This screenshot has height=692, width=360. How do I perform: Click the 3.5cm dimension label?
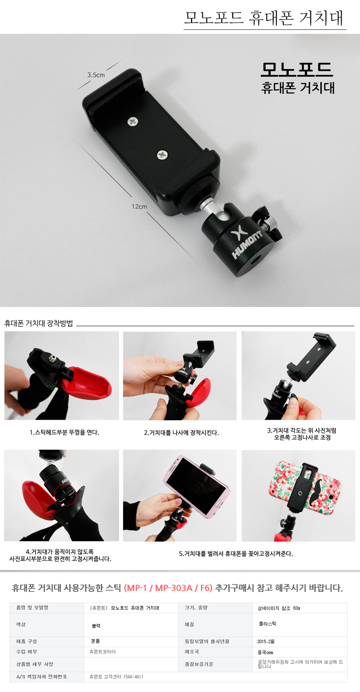pos(96,75)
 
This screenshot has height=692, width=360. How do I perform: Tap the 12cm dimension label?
pos(139,207)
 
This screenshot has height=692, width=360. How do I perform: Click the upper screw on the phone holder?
pos(133,121)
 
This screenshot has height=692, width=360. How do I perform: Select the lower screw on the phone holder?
pos(162,155)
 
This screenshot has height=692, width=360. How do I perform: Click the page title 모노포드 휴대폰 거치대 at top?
pos(264,18)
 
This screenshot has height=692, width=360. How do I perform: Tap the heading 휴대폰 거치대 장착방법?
pos(39,323)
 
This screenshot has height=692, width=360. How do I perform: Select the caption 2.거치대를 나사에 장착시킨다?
pos(181,433)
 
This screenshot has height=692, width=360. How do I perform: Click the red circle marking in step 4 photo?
pos(65,495)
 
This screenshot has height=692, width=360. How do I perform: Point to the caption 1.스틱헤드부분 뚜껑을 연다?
pos(64,432)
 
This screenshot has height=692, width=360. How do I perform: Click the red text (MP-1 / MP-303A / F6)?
pos(168,588)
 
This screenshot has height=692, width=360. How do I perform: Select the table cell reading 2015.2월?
pos(266,642)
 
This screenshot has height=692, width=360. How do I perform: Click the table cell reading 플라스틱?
pos(267,624)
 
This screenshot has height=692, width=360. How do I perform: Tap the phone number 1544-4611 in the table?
pos(133,677)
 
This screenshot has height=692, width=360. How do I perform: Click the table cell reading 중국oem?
pos(265,653)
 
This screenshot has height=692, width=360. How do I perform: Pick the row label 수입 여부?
pos(26,651)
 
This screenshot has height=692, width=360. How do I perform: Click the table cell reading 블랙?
pos(96,626)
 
